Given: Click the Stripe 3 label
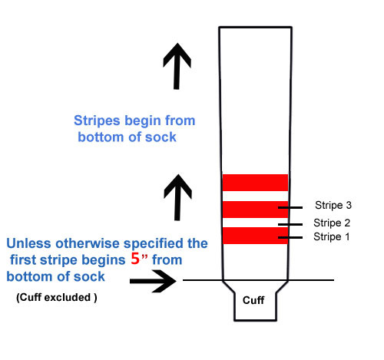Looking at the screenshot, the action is pos(333,205).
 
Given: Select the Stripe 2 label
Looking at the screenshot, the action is pos(332,223).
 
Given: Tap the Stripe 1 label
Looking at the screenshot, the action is pos(332,236).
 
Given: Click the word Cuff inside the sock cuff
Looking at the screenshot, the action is pos(253,300).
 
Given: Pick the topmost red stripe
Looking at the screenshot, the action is pos(255,183).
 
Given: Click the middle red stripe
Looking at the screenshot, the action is pos(255,210).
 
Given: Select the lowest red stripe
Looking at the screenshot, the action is pos(255,236).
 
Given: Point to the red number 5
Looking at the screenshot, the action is pos(135,259).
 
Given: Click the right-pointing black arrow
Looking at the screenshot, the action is pos(153,281).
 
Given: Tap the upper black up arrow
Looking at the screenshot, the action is pos(177,66).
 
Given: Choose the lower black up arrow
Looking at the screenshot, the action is pos(177,197).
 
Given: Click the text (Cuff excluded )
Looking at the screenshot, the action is pos(57,298).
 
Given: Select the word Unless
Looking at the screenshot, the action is pos(28,243).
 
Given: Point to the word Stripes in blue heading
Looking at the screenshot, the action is pos(97,121).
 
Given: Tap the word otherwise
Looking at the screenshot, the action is pos(88,243).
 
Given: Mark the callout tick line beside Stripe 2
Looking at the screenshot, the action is pos(290,224).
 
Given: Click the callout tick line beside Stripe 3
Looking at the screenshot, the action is pos(290,207).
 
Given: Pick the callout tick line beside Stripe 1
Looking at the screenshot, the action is pos(290,238).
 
